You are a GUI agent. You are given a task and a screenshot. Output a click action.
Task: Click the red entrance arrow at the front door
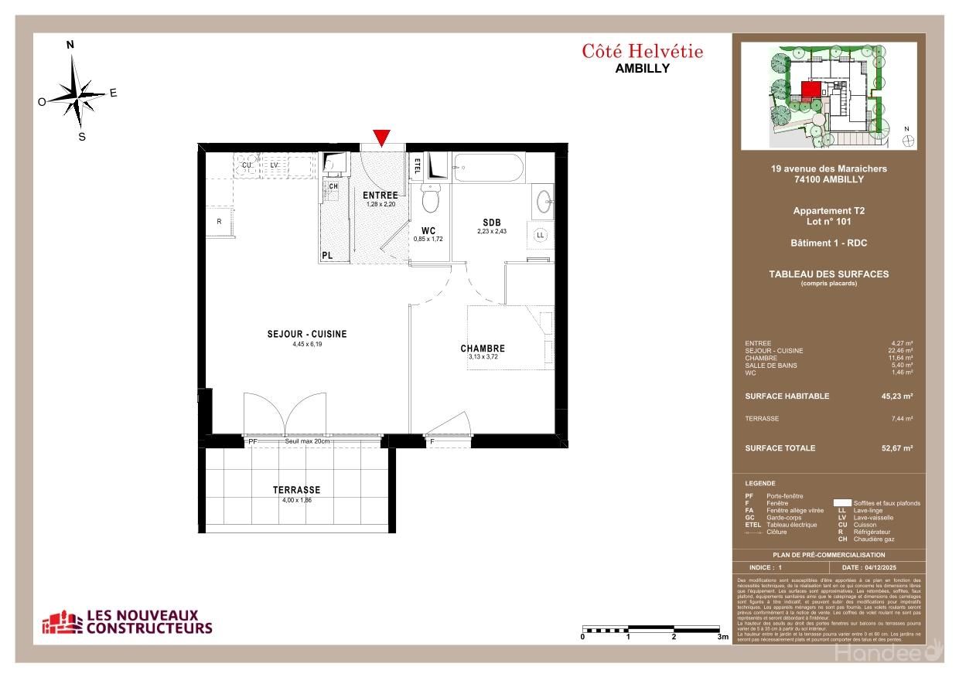coord(381,138)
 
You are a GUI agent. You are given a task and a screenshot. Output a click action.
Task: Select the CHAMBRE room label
coord(483,349)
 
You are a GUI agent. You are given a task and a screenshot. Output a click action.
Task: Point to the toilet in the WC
coord(431,199)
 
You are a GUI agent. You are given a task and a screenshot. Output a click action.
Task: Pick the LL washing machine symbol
coord(541,234)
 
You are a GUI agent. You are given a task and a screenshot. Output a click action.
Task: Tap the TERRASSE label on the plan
coord(296,490)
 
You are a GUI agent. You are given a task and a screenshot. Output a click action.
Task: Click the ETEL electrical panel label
coord(418,165)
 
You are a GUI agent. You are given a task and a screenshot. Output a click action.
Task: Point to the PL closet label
coord(327,256)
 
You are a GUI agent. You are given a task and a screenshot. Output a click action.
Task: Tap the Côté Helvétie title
coord(642,52)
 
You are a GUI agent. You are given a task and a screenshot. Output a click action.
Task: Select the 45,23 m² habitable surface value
coord(896,396)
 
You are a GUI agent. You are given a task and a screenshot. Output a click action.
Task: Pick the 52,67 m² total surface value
coord(896,448)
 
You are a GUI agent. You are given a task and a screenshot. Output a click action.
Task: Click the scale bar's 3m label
coord(722,638)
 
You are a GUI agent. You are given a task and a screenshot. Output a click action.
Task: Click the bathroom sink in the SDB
coord(543,202)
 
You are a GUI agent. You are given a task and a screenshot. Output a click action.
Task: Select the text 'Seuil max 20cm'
coord(306,441)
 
